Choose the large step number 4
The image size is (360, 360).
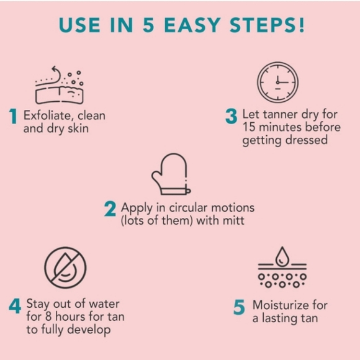(15, 307)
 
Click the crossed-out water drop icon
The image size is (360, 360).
(65, 268)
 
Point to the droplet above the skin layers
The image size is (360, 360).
(282, 254)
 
